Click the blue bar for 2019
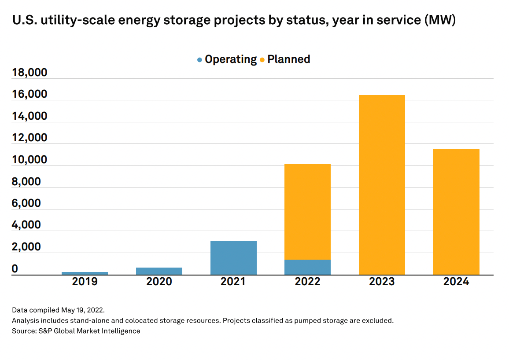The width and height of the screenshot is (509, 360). click(x=85, y=273)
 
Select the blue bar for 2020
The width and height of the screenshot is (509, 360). click(x=159, y=271)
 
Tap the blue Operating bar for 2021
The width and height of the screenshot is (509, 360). click(x=233, y=258)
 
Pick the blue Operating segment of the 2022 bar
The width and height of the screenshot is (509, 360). click(x=307, y=267)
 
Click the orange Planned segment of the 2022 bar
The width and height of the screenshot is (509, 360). click(x=307, y=212)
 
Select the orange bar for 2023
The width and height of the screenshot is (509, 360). click(x=382, y=185)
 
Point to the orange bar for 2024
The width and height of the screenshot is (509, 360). click(x=456, y=212)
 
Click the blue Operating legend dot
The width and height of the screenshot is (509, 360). click(x=199, y=60)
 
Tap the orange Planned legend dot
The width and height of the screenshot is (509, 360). click(x=262, y=60)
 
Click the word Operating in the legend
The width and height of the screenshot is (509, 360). click(x=231, y=59)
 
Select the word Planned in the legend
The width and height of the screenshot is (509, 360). click(x=288, y=59)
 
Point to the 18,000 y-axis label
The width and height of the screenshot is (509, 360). click(x=30, y=72)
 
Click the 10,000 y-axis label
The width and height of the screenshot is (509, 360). click(x=30, y=160)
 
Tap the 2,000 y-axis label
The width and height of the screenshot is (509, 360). click(x=26, y=247)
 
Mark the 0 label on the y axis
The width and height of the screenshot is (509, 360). click(x=15, y=268)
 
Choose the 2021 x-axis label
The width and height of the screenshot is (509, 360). click(x=233, y=281)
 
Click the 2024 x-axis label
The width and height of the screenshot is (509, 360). click(x=456, y=281)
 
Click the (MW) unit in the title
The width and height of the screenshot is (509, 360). click(x=440, y=20)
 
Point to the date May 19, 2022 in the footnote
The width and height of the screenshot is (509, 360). click(x=83, y=310)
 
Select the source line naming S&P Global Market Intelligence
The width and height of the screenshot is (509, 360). click(x=76, y=331)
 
